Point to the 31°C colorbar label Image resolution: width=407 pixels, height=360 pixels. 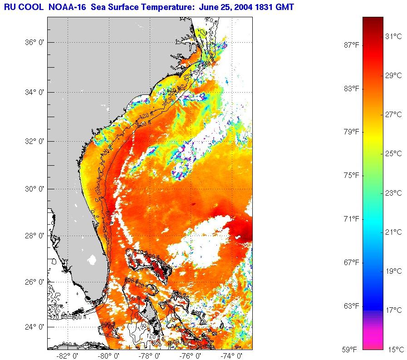pyautogui.click(x=393, y=36)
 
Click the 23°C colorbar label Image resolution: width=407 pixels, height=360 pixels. pyautogui.click(x=393, y=193)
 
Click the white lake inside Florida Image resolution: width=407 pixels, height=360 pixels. pyautogui.click(x=92, y=260)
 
